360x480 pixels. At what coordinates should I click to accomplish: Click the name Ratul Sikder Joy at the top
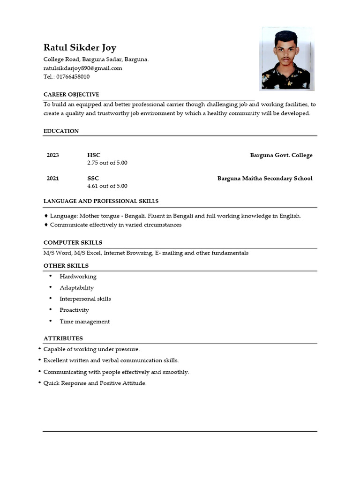tap(80, 47)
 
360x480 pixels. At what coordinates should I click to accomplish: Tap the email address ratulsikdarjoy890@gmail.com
tap(82, 68)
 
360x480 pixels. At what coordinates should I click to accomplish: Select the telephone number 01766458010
tap(73, 77)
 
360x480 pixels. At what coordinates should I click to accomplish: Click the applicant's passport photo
tap(286, 59)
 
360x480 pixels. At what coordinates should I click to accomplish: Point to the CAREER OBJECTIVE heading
tap(71, 95)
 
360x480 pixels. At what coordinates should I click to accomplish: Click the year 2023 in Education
tap(52, 155)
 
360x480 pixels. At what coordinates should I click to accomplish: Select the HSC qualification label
tap(94, 155)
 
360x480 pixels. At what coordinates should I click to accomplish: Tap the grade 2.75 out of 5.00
tap(107, 163)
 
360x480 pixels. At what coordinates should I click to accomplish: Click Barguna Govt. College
tap(281, 155)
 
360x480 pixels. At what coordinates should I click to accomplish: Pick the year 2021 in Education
tap(52, 178)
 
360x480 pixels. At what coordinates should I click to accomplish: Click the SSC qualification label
tap(93, 178)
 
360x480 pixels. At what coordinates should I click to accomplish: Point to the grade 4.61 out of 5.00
tap(107, 186)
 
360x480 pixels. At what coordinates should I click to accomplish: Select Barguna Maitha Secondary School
tap(265, 178)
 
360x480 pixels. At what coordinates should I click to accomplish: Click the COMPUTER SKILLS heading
tap(73, 243)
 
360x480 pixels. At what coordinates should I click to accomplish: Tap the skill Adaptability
tap(76, 288)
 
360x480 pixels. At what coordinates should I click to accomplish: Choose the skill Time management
tap(84, 322)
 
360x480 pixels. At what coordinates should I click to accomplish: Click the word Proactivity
tap(74, 310)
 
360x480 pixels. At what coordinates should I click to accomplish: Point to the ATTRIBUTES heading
tap(63, 338)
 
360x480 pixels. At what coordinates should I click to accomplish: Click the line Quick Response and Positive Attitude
tap(95, 383)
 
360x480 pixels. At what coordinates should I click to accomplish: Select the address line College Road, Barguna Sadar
tap(96, 60)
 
